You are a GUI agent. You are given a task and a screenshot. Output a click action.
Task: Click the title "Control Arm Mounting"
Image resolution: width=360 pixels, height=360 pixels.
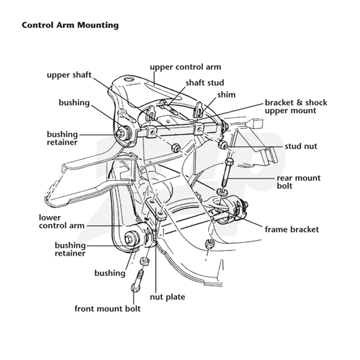click(70, 25)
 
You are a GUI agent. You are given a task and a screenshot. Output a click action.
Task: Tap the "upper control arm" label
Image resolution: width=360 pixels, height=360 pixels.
click(185, 67)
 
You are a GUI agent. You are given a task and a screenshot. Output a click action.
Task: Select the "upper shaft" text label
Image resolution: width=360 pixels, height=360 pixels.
click(69, 75)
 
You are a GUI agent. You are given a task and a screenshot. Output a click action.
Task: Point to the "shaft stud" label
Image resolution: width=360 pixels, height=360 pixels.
click(205, 83)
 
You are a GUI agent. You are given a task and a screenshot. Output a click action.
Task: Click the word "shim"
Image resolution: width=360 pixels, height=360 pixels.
click(226, 94)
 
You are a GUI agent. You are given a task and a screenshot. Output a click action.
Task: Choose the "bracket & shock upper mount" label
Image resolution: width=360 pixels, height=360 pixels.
click(296, 107)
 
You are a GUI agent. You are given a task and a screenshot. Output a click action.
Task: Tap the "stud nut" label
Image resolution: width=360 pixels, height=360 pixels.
click(301, 146)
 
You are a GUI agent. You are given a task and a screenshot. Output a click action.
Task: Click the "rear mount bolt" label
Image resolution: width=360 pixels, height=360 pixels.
click(299, 182)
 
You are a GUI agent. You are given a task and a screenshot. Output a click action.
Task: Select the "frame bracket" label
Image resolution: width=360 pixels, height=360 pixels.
click(292, 229)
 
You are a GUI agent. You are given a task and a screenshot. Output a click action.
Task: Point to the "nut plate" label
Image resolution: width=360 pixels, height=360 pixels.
click(167, 297)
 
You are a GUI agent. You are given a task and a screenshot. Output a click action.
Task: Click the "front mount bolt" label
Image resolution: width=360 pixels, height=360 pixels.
click(108, 309)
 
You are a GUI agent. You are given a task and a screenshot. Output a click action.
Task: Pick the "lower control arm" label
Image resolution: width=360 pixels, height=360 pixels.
click(62, 221)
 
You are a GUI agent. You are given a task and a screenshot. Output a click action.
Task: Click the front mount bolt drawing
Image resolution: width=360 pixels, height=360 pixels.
click(137, 281)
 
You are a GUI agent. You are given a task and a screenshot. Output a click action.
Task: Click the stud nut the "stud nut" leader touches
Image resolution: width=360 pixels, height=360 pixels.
click(222, 144)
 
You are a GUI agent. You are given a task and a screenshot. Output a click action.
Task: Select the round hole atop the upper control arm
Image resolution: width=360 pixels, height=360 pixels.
click(129, 80)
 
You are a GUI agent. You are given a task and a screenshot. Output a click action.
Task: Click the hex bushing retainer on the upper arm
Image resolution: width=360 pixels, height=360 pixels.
click(120, 133)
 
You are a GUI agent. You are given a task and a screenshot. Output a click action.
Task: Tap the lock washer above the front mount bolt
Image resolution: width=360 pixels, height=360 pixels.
click(144, 261)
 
